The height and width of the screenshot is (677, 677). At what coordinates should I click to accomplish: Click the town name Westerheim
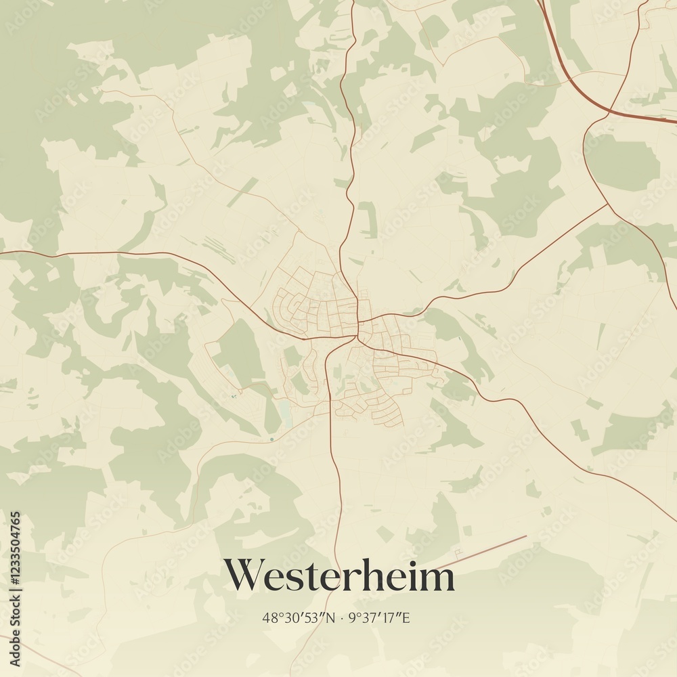(x=339, y=576)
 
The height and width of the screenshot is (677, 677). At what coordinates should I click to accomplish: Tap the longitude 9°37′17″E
(x=381, y=617)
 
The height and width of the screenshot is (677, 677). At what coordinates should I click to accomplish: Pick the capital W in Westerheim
(x=245, y=575)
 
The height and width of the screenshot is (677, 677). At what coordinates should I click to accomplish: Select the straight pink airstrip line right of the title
(x=487, y=550)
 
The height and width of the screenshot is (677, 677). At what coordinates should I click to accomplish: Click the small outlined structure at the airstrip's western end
(x=458, y=554)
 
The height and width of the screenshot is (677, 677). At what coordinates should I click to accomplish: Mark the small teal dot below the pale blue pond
(x=271, y=439)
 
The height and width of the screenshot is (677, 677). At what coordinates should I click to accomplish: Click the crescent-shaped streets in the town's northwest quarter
(x=288, y=305)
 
